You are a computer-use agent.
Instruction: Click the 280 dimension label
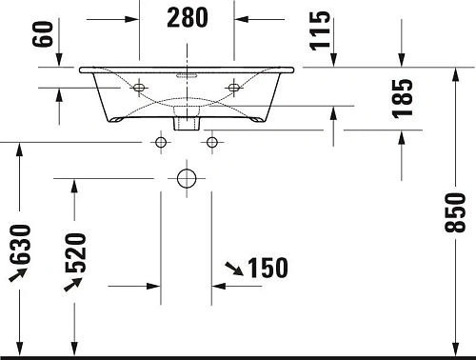187,17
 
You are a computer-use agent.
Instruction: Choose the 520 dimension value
77,251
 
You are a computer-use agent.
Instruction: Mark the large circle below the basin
186,178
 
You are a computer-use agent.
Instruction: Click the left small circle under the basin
160,143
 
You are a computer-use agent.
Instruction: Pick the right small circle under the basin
211,143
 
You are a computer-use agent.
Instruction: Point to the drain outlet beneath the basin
186,121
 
